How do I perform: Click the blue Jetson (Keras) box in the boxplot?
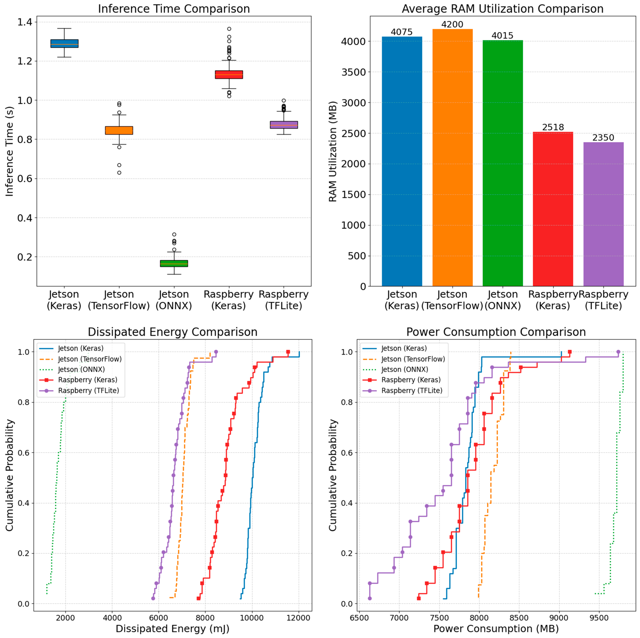64,43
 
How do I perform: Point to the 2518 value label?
553,127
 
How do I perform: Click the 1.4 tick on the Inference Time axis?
25,22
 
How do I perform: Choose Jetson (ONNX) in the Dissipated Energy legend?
81,369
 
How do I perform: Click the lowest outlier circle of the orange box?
119,173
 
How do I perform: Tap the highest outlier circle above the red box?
229,29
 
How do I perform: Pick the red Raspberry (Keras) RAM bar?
553,209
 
